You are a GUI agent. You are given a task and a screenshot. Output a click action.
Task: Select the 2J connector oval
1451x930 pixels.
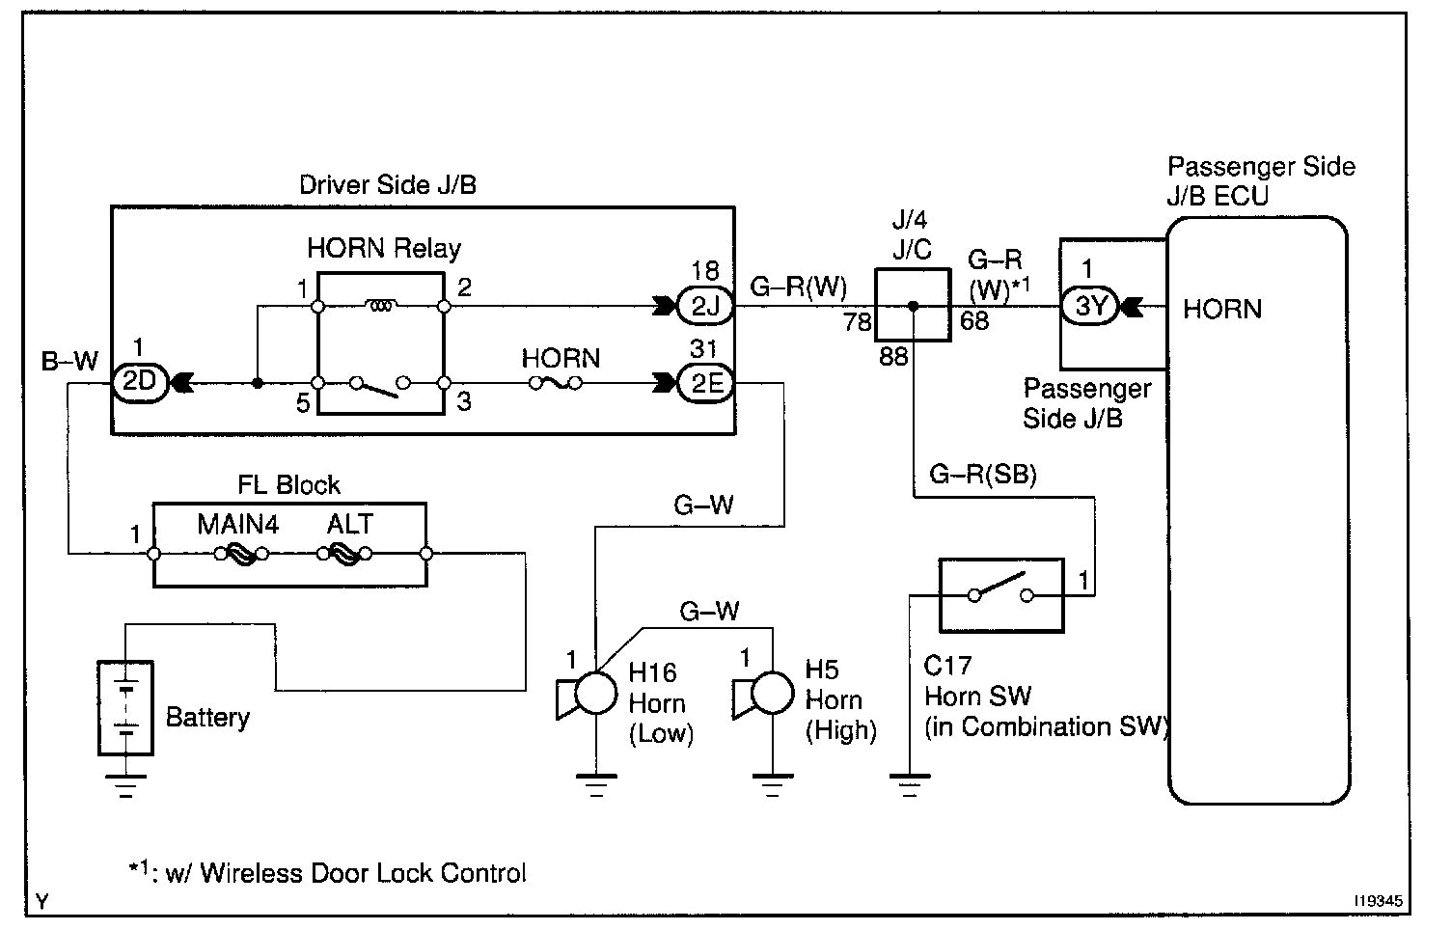(x=707, y=308)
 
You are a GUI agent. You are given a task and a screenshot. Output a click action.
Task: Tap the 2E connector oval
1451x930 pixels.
(x=707, y=383)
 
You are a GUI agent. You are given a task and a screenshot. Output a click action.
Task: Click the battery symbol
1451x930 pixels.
(x=125, y=707)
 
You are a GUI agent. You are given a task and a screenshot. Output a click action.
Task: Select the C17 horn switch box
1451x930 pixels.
(x=1000, y=595)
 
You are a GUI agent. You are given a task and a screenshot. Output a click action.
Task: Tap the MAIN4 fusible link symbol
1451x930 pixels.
(x=240, y=554)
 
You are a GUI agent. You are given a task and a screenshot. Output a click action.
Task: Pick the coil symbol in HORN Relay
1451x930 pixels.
(x=380, y=308)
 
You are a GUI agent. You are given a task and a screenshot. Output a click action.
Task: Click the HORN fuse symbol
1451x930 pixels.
(x=554, y=383)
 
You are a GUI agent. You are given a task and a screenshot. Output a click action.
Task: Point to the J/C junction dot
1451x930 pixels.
(x=913, y=308)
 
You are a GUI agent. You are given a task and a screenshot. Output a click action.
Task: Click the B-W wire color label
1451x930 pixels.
(x=69, y=362)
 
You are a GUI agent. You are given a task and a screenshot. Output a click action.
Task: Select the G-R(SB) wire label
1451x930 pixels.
(x=982, y=475)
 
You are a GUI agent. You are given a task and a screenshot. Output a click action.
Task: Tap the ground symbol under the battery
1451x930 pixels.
(x=125, y=785)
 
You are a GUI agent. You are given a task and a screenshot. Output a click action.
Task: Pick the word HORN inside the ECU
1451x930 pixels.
(x=1221, y=309)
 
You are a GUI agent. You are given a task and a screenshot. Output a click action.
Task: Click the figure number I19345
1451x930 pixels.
(x=1377, y=900)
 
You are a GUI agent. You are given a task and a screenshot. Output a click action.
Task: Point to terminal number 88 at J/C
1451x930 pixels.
(x=893, y=356)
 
